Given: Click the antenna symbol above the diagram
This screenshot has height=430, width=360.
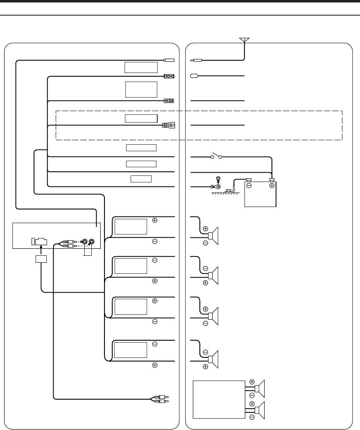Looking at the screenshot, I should [245, 40].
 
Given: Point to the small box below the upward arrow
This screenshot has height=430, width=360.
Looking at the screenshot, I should [41, 259].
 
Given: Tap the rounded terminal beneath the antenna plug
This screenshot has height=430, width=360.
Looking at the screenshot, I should [195, 76].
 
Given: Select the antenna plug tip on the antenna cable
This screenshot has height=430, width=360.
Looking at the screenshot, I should [196, 60].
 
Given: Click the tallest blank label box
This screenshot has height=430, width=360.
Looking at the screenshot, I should [141, 89].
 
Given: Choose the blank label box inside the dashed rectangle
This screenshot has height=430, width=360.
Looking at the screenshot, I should [141, 118].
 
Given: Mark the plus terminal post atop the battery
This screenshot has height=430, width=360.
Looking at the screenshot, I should [271, 179].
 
